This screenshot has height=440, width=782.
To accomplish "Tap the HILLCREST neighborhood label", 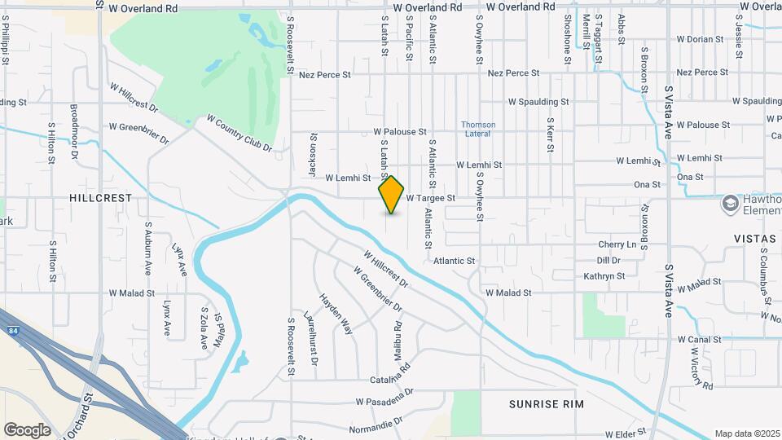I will pyautogui.click(x=100, y=198).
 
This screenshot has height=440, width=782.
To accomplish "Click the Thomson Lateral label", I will pyautogui.click(x=478, y=129).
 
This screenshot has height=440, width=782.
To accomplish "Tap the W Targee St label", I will pyautogui.click(x=429, y=198).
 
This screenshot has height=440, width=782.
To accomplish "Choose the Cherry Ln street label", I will pyautogui.click(x=617, y=244).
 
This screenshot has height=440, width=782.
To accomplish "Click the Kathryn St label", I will pyautogui.click(x=604, y=276).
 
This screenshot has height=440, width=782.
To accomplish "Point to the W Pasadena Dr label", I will pyautogui.click(x=384, y=401).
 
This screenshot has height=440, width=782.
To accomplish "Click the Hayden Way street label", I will pyautogui.click(x=336, y=315).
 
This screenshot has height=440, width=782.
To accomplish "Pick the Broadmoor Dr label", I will pyautogui.click(x=74, y=130).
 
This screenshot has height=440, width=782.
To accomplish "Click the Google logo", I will pyautogui.click(x=27, y=430).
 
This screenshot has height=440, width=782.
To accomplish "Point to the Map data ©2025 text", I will pyautogui.click(x=747, y=433).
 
